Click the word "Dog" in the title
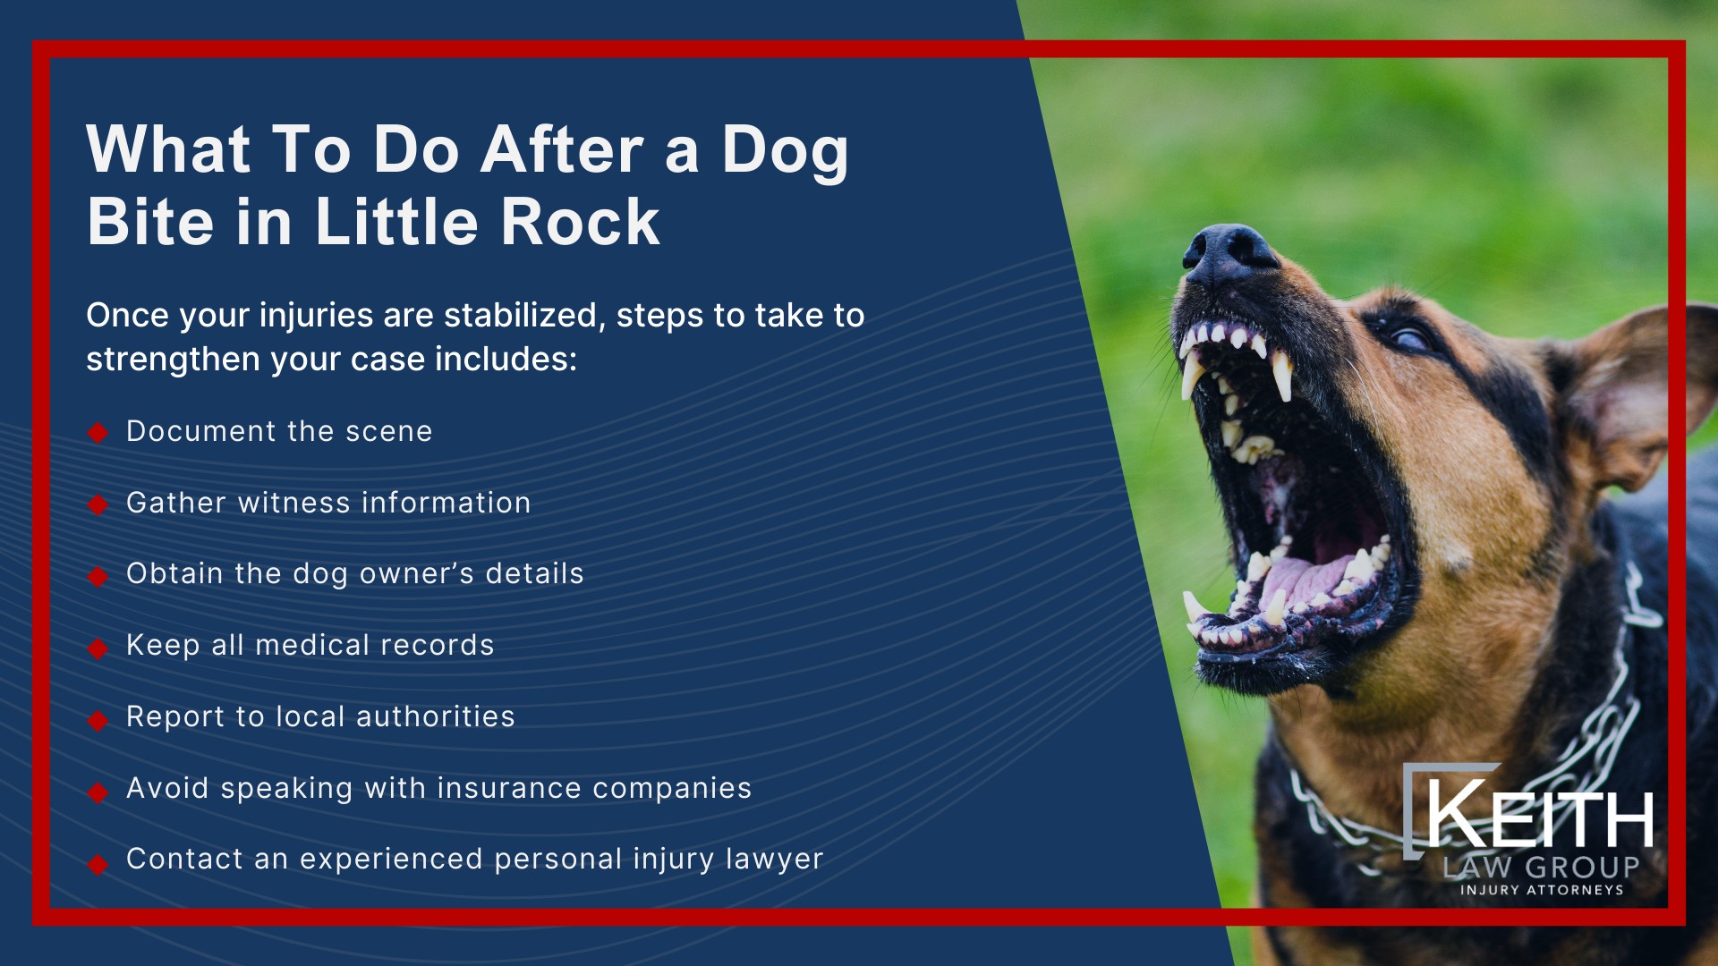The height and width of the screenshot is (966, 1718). tap(785, 150)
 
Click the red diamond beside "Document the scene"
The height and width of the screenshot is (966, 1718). tap(98, 433)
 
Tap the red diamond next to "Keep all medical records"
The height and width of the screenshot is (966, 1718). tap(98, 648)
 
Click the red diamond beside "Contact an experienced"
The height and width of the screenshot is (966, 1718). tap(98, 864)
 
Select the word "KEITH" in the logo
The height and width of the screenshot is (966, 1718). tap(1540, 816)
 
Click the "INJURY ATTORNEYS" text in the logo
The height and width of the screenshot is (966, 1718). tap(1541, 890)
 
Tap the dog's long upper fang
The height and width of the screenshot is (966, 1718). tap(1281, 376)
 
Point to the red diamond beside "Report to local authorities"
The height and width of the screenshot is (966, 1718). tap(98, 720)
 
